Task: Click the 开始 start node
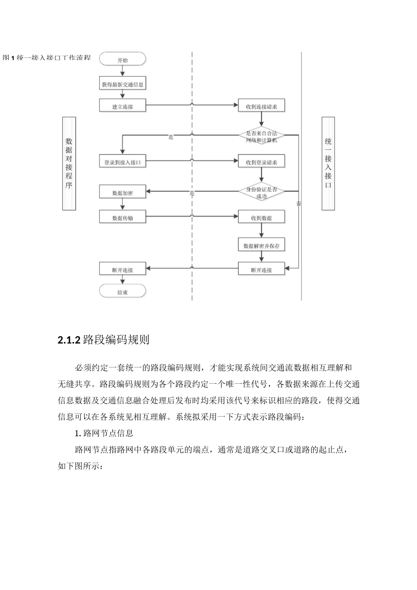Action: click(122, 60)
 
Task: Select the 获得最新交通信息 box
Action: click(122, 84)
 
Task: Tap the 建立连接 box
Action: click(122, 106)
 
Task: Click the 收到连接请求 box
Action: click(261, 106)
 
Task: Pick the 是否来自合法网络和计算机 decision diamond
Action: click(261, 137)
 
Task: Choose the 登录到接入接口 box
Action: click(122, 162)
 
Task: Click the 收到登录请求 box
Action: click(261, 162)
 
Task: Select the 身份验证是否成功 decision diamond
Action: click(261, 192)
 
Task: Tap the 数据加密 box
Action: click(122, 192)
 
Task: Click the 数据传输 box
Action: click(122, 217)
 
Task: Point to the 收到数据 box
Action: click(261, 217)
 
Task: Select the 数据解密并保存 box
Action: click(261, 246)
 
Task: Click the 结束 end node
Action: click(122, 292)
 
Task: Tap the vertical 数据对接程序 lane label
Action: click(69, 163)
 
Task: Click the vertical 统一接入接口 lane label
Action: click(328, 163)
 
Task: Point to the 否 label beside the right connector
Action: click(298, 204)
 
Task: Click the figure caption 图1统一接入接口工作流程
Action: click(47, 58)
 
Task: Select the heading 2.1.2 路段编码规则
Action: click(104, 340)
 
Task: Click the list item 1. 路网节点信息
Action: click(104, 433)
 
